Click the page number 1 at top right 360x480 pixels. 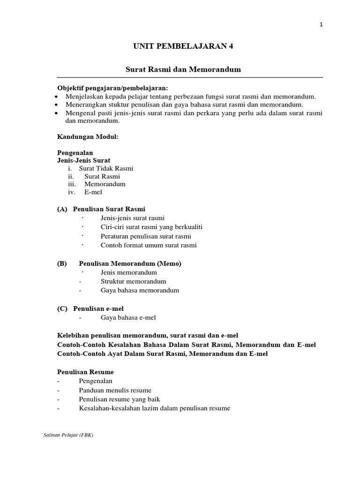point(321,25)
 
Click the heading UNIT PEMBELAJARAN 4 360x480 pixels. point(183,46)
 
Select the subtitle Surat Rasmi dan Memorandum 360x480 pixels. point(183,69)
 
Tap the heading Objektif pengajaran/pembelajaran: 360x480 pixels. point(112,88)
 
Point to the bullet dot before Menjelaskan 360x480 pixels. point(56,97)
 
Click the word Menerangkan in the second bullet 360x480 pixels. point(84,105)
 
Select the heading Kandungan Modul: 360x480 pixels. point(88,136)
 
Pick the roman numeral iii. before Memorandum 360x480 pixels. point(72,184)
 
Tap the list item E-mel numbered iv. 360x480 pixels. point(93,192)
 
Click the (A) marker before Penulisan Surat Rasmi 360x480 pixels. point(62,209)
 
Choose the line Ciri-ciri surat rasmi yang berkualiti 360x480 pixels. point(151,227)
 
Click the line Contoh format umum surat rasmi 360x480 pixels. point(149,245)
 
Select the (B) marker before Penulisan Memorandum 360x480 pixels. point(62,263)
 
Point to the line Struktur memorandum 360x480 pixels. point(134,281)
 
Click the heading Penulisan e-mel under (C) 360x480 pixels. point(97,308)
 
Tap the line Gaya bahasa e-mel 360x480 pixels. point(128,317)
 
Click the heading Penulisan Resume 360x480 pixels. point(85,372)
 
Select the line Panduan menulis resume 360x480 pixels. point(115,390)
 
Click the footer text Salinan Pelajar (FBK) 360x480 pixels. point(68,435)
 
